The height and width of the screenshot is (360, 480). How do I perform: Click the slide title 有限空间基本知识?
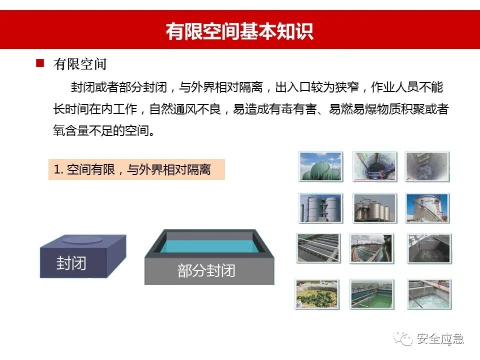[239, 30]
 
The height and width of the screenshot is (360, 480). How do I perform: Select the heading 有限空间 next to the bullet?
[80, 64]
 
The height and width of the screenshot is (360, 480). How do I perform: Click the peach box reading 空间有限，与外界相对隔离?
[136, 170]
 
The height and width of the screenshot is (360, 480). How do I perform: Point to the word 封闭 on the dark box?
[71, 263]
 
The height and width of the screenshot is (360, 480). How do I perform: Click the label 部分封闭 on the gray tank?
[206, 271]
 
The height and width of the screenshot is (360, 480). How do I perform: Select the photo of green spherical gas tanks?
[320, 166]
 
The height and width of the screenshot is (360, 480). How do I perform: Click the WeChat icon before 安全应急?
[404, 338]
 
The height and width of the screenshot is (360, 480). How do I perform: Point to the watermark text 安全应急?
[440, 339]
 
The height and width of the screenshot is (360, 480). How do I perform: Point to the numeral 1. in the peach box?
[58, 170]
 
